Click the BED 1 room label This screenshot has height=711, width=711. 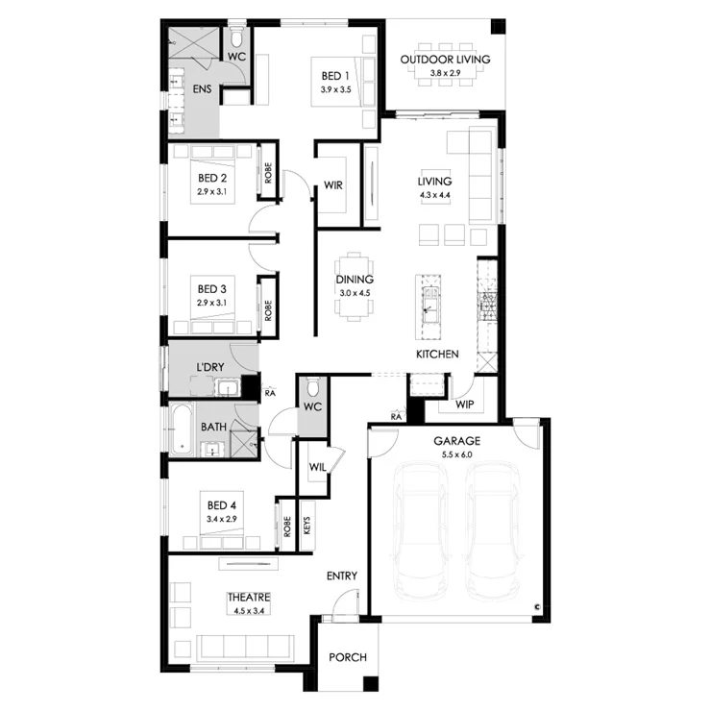pyautogui.click(x=335, y=76)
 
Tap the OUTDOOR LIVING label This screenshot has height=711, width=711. pyautogui.click(x=445, y=60)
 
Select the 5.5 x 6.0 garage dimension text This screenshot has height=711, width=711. pyautogui.click(x=456, y=454)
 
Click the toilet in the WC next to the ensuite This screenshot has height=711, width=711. pyautogui.click(x=236, y=37)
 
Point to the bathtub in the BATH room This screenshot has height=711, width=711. pyautogui.click(x=183, y=429)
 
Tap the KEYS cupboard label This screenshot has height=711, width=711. pyautogui.click(x=307, y=526)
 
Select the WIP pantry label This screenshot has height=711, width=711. pyautogui.click(x=464, y=405)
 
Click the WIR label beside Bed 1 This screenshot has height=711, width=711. pyautogui.click(x=333, y=185)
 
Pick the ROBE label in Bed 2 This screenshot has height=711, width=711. pyautogui.click(x=268, y=173)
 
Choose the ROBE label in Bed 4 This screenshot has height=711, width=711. pyautogui.click(x=287, y=527)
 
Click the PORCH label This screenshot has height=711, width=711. pyautogui.click(x=348, y=657)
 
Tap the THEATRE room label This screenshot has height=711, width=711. pyautogui.click(x=249, y=598)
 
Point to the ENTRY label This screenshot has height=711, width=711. pyautogui.click(x=342, y=576)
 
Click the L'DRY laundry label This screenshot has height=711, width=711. pyautogui.click(x=210, y=367)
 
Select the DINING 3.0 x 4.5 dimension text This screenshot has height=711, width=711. pyautogui.click(x=355, y=293)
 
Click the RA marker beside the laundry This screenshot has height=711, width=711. pyautogui.click(x=270, y=393)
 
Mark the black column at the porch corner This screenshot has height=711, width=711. pyautogui.click(x=371, y=683)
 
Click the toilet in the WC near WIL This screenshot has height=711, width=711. pyautogui.click(x=312, y=388)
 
